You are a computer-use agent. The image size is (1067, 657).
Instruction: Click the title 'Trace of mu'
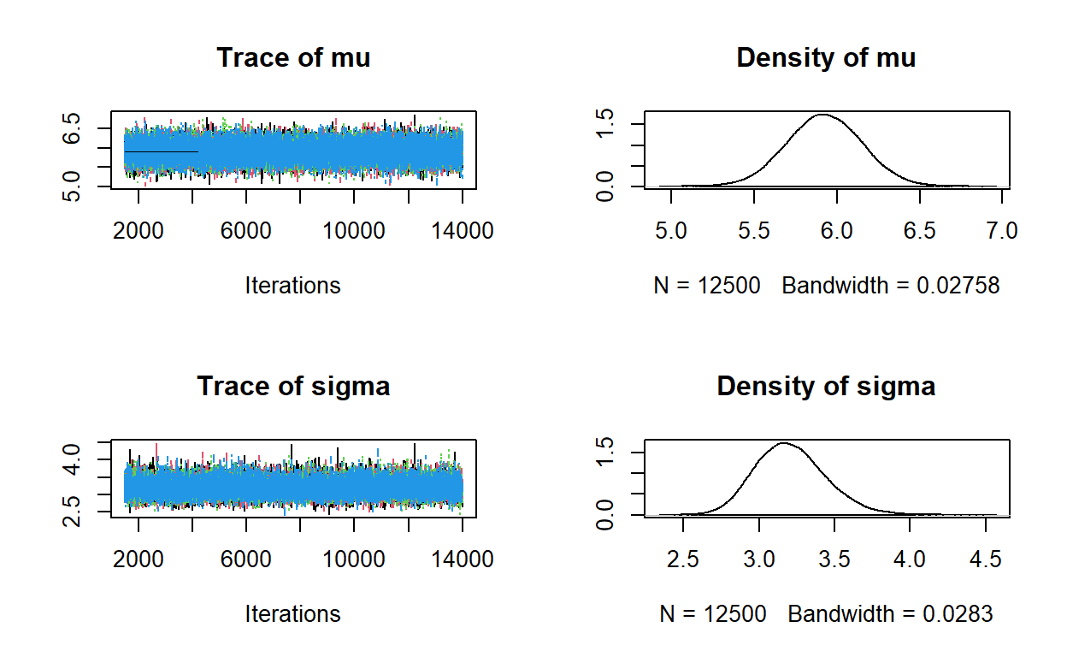[293, 57]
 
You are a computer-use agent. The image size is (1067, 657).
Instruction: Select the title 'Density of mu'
[826, 57]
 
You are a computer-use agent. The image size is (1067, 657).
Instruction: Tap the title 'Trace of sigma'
[293, 386]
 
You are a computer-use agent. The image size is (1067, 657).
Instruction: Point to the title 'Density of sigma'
[826, 386]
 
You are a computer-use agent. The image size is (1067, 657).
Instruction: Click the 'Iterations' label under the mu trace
[293, 285]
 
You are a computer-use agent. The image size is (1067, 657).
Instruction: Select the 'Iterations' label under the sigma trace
[293, 613]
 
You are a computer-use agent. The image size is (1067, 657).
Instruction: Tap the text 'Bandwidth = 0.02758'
[890, 285]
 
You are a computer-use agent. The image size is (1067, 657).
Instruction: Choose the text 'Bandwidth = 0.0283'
[890, 613]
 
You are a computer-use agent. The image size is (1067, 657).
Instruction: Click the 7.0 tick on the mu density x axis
[1001, 231]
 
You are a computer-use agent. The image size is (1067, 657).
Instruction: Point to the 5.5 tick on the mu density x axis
[754, 231]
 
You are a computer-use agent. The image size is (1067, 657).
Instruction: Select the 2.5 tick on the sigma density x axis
[683, 559]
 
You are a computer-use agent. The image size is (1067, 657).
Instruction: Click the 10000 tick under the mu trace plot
[354, 231]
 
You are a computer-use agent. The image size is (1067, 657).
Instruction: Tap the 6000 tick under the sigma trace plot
[246, 559]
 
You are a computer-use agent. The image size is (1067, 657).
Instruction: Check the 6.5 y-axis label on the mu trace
[74, 129]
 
